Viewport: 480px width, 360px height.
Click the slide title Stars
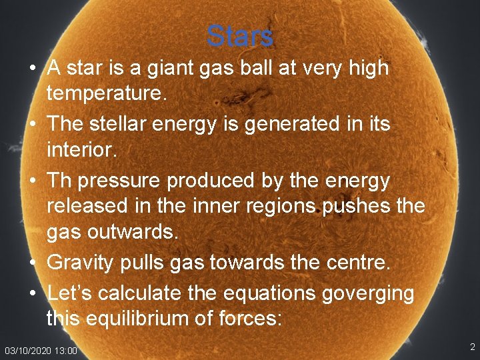point(240,36)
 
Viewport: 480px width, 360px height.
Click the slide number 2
point(472,347)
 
